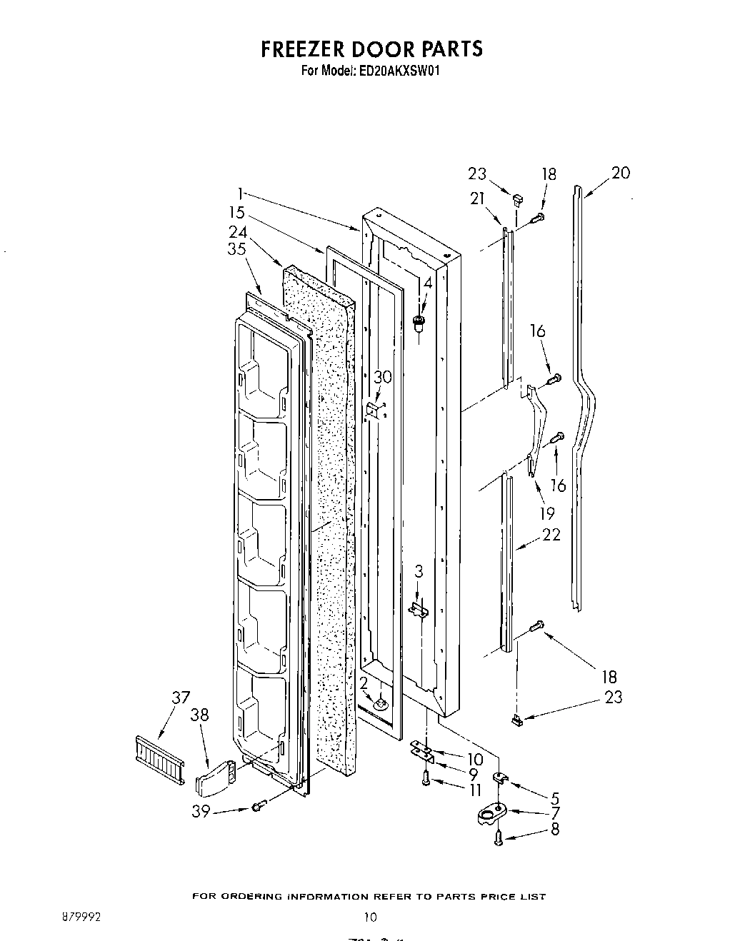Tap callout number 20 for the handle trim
pyautogui.click(x=621, y=173)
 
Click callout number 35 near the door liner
pyautogui.click(x=236, y=248)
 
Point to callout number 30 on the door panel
pyautogui.click(x=384, y=377)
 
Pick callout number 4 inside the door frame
pyautogui.click(x=427, y=283)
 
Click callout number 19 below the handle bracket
pyautogui.click(x=547, y=513)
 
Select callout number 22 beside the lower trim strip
pyautogui.click(x=551, y=534)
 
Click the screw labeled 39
pyautogui.click(x=259, y=807)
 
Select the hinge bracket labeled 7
pyautogui.click(x=493, y=812)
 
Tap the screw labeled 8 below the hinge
pyautogui.click(x=499, y=840)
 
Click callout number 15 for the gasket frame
pyautogui.click(x=236, y=212)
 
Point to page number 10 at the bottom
pyautogui.click(x=369, y=917)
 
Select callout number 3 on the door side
pyautogui.click(x=419, y=571)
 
